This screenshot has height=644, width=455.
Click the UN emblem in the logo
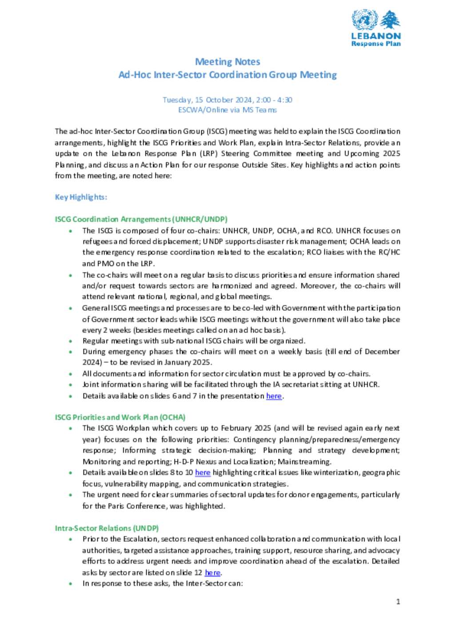[364, 20]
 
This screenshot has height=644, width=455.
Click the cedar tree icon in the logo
[390, 20]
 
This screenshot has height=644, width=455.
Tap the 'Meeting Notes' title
[227, 62]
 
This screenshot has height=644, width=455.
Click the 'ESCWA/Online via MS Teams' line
[227, 110]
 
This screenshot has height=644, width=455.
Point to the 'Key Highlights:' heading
[81, 197]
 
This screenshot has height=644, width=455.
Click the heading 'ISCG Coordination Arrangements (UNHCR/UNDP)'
[141, 219]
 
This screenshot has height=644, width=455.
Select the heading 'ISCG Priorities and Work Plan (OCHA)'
[120, 417]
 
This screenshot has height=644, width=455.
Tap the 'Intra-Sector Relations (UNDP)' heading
[107, 528]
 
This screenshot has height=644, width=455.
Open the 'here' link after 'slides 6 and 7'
[274, 396]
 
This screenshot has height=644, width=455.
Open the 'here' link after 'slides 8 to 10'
[203, 472]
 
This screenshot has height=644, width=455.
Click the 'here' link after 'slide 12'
[212, 572]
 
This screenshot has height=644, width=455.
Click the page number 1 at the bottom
[398, 602]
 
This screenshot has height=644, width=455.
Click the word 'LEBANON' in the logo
[376, 36]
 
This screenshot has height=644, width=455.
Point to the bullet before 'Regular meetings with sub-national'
[70, 341]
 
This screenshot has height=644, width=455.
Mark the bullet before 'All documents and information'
[70, 374]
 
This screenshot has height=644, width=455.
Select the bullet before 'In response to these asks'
[70, 584]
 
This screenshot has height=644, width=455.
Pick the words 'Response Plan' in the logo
[376, 44]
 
